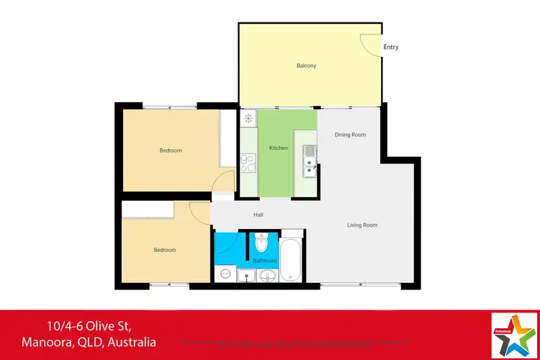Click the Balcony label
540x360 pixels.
306,66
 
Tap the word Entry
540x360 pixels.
391,48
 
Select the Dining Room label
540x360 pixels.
351,135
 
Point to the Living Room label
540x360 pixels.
362,225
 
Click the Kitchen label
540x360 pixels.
278,148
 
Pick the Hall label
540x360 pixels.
258,215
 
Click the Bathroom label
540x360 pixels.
264,261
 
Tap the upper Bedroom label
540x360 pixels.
171,150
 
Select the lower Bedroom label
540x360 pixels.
164,250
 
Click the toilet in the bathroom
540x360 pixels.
262,243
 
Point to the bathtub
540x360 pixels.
292,260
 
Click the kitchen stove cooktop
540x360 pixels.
248,163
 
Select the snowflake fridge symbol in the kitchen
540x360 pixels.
248,118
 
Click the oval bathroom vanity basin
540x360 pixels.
267,275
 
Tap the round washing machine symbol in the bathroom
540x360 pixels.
225,274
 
